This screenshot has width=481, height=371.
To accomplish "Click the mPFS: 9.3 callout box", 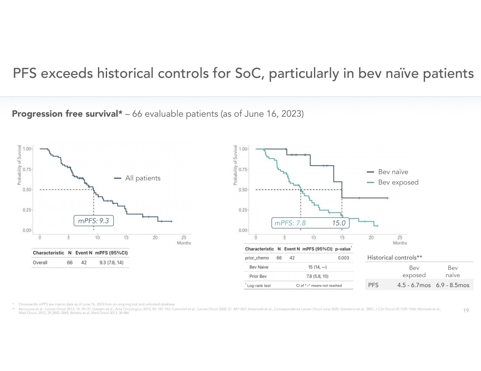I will pyautogui.click(x=94, y=221).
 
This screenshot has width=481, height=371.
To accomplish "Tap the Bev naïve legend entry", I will pyautogui.click(x=393, y=172).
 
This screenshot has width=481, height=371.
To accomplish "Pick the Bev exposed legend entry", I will pyautogui.click(x=398, y=182).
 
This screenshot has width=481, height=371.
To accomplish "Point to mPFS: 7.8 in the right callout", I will pyautogui.click(x=290, y=223).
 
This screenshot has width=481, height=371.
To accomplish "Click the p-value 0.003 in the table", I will pyautogui.click(x=343, y=258).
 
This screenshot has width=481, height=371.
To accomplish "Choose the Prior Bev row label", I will pyautogui.click(x=259, y=276).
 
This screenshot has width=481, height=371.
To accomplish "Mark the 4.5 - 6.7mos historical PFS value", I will pyautogui.click(x=414, y=285).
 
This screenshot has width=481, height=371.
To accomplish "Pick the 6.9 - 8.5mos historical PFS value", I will pyautogui.click(x=452, y=285).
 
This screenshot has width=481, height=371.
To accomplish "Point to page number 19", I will pyautogui.click(x=466, y=310).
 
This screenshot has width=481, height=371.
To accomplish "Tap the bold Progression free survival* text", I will pyautogui.click(x=67, y=114).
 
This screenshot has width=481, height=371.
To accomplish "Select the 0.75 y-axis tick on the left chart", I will pyautogui.click(x=27, y=169).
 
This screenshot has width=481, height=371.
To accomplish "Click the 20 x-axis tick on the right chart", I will pyautogui.click(x=371, y=238).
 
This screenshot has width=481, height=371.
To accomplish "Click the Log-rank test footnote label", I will pyautogui.click(x=259, y=286).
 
